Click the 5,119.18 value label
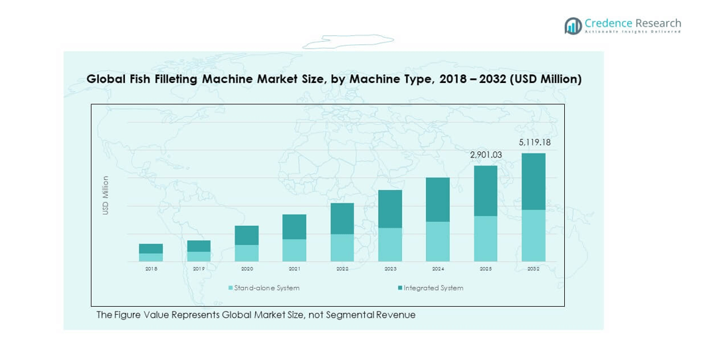[534, 142]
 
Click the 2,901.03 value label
[486, 155]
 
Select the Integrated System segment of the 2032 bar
[534, 181]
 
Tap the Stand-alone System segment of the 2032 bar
[534, 235]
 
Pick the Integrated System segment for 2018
[151, 248]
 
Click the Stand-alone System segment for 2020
[247, 253]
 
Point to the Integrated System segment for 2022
[342, 219]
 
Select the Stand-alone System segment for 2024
[438, 241]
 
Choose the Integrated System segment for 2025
[486, 191]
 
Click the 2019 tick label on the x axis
[199, 269]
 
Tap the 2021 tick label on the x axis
[294, 269]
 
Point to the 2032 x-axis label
[534, 269]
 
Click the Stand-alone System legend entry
[264, 288]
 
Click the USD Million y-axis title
[105, 195]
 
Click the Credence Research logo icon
[573, 26]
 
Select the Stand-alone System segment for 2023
[390, 244]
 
